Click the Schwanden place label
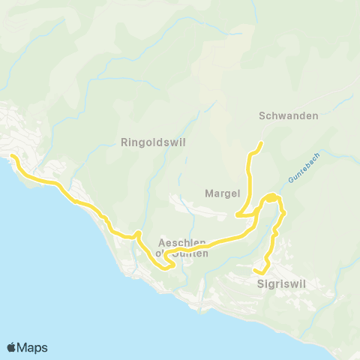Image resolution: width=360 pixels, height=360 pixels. pyautogui.click(x=289, y=116)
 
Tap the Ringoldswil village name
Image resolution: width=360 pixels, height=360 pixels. pyautogui.click(x=153, y=141)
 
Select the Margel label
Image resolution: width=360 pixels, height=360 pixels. pyautogui.click(x=222, y=193)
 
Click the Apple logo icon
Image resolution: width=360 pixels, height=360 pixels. pyautogui.click(x=12, y=347)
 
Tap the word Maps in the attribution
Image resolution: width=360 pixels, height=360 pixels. pyautogui.click(x=34, y=347)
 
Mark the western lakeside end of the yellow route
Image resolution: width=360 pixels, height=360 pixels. pyautogui.click(x=13, y=156)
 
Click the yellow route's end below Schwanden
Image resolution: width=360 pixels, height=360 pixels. pyautogui.click(x=261, y=143)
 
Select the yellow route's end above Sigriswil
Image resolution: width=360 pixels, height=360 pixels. pyautogui.click(x=256, y=271)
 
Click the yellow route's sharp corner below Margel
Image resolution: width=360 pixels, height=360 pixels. pyautogui.click(x=238, y=215)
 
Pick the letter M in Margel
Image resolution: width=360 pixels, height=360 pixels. pyautogui.click(x=208, y=193)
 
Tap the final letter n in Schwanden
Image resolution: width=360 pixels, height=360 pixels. pyautogui.click(x=316, y=116)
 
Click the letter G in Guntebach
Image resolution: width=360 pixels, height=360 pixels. pyautogui.click(x=289, y=182)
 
